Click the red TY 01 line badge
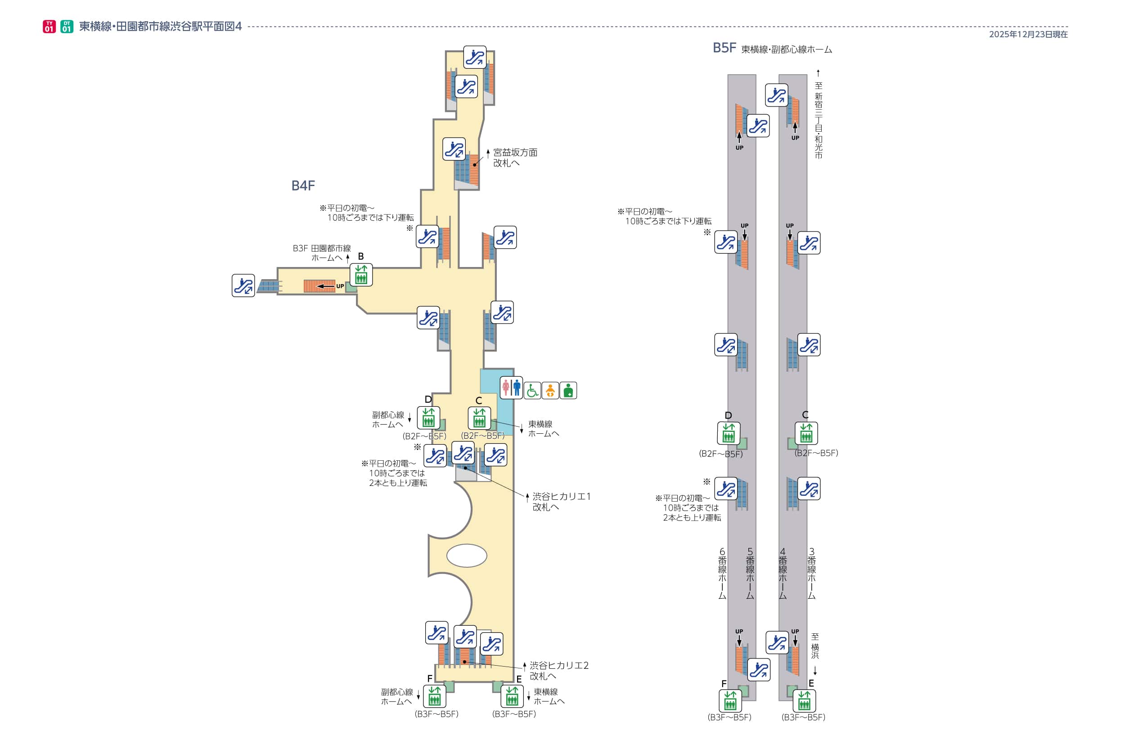click(x=49, y=27)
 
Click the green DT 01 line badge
click(x=67, y=27)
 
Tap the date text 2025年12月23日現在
click(x=1028, y=35)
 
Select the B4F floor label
click(x=302, y=186)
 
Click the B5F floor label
click(x=724, y=48)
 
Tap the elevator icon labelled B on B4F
click(x=361, y=275)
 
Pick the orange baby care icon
click(x=550, y=391)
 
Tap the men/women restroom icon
click(x=511, y=388)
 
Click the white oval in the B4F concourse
click(x=467, y=556)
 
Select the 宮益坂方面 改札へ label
click(x=515, y=158)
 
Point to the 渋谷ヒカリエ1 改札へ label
click(x=561, y=501)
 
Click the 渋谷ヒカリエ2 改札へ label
click(x=559, y=671)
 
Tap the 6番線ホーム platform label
click(x=722, y=574)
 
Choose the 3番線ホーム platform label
click(x=811, y=574)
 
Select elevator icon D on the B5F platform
click(x=728, y=433)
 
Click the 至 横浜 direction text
click(x=815, y=646)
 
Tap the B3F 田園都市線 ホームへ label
click(x=322, y=253)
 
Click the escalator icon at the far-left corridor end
click(x=243, y=286)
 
